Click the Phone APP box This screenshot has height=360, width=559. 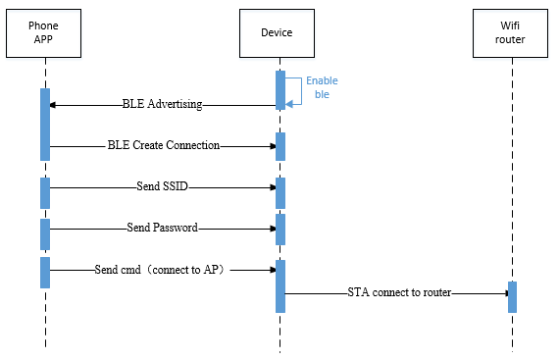tap(45, 32)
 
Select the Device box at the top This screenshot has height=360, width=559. tap(279, 32)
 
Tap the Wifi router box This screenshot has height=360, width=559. tap(511, 32)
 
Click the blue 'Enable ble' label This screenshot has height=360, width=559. tap(322, 88)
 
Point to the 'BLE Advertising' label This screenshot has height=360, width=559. tap(162, 104)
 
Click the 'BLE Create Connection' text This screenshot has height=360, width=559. tap(163, 145)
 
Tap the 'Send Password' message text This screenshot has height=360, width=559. tap(163, 228)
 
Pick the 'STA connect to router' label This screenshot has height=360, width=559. tap(398, 292)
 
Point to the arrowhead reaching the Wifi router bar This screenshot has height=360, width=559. tap(502, 292)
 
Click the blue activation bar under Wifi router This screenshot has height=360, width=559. tap(512, 297)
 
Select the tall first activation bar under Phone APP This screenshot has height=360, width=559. tap(45, 124)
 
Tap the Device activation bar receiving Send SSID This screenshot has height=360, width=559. tap(280, 192)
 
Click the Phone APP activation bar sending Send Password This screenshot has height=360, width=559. tap(45, 233)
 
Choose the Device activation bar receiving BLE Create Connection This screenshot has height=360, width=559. tap(280, 146)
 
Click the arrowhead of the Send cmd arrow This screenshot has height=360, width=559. tap(271, 269)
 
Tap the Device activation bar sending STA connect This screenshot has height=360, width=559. tap(280, 285)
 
